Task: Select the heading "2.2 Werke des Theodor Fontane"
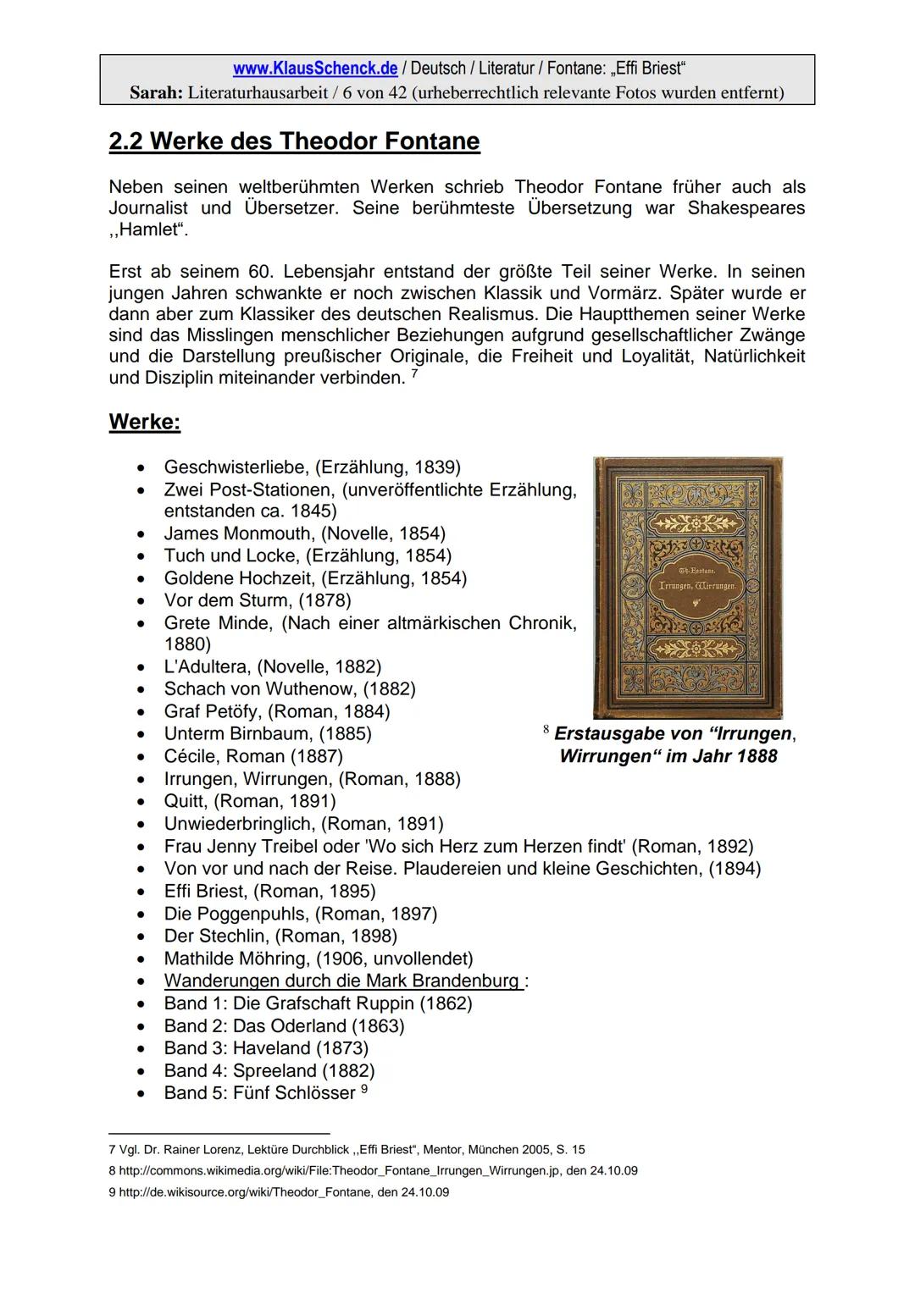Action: coord(294,141)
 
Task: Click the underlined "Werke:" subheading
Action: coord(144,423)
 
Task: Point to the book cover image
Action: coord(688,588)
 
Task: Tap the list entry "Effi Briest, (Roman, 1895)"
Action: coord(269,891)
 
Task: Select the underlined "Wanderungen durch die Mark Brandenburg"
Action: coord(341,981)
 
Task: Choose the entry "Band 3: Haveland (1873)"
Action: coord(266,1048)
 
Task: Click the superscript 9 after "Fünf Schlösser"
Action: coord(364,1089)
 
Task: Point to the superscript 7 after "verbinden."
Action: coord(413,373)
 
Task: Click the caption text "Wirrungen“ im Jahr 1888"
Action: coord(668,756)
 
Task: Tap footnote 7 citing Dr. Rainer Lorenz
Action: coord(347,1150)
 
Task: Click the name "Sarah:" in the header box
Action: coord(156,92)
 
